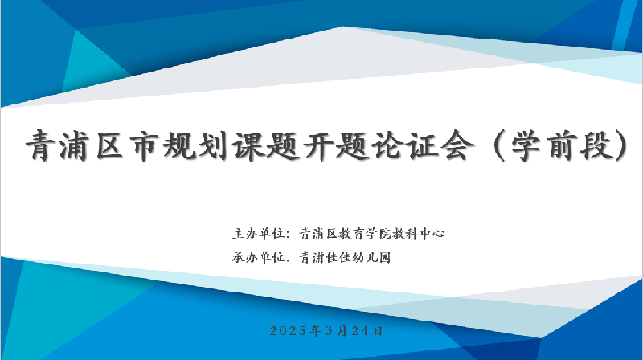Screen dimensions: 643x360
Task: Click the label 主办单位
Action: tap(259, 234)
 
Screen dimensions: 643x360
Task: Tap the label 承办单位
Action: tap(259, 257)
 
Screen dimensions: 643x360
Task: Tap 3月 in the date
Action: tap(336, 331)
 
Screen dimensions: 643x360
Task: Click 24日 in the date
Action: tap(367, 331)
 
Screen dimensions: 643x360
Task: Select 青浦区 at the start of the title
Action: tap(75, 145)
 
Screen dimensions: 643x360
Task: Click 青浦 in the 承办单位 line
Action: tap(312, 257)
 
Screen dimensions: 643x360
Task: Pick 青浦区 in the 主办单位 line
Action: tap(318, 234)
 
